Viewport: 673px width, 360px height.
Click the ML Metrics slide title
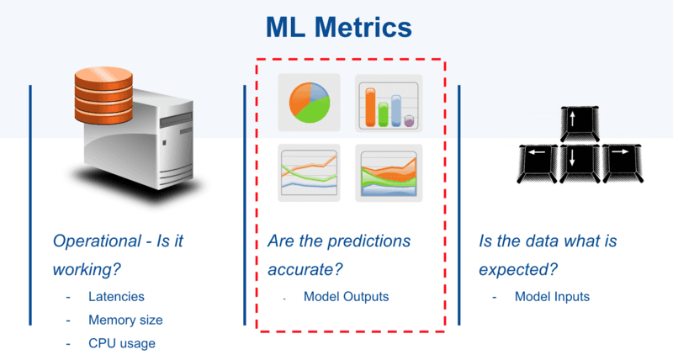click(x=339, y=28)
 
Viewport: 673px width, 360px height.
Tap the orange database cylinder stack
click(x=103, y=95)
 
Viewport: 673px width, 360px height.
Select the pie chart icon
click(x=309, y=102)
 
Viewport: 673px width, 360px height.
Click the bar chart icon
click(x=389, y=103)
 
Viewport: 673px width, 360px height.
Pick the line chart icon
click(x=309, y=173)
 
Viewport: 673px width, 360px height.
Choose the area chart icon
click(x=389, y=173)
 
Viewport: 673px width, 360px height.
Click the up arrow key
click(x=580, y=124)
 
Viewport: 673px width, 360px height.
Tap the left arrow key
click(x=538, y=164)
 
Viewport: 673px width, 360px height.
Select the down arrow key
click(x=580, y=164)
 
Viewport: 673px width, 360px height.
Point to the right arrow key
click(x=622, y=164)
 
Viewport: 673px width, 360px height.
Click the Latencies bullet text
click(x=116, y=297)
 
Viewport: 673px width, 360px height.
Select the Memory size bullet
click(x=125, y=320)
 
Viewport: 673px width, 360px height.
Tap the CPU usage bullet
click(x=122, y=343)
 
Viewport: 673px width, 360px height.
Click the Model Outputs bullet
click(x=346, y=297)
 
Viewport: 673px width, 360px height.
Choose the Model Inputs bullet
click(x=552, y=297)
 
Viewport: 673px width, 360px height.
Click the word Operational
click(x=97, y=241)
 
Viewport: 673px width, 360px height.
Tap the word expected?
click(x=518, y=270)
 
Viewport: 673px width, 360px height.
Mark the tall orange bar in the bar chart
click(x=370, y=108)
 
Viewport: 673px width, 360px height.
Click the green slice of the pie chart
click(x=313, y=111)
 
